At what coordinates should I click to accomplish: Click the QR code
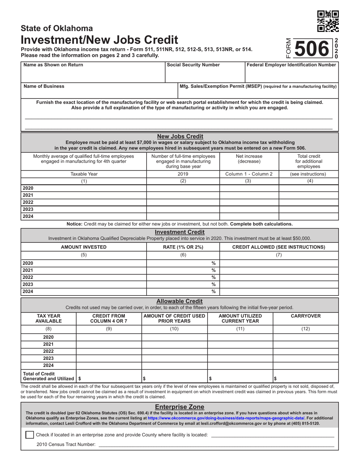[x=328, y=21]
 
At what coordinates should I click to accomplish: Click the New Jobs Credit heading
[x=180, y=136]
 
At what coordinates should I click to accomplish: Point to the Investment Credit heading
[x=180, y=232]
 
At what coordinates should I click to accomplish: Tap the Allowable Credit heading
[x=180, y=301]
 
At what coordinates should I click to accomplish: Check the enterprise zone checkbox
[x=30, y=435]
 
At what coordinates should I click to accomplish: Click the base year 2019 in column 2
[x=183, y=174]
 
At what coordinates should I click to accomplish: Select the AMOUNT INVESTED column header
[x=84, y=247]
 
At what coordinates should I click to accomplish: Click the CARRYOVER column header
[x=305, y=316]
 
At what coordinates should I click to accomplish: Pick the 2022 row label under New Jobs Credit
[x=28, y=202]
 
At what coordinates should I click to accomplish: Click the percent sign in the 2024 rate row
[x=213, y=292]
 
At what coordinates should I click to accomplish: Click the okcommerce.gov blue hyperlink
[x=226, y=418]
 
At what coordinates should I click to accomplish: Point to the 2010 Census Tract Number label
[x=66, y=444]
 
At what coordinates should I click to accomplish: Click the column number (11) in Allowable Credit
[x=240, y=329]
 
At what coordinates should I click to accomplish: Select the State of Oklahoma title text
[x=57, y=28]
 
